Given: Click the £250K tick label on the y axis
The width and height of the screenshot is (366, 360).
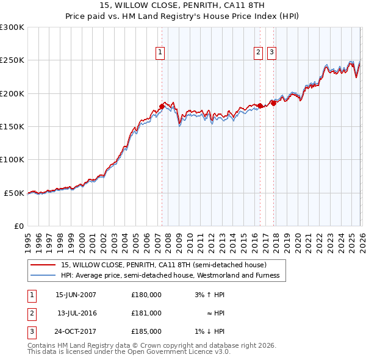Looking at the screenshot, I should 12,60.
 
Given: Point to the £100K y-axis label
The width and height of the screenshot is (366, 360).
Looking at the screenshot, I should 12,160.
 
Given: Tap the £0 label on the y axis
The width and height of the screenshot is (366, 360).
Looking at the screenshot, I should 18,226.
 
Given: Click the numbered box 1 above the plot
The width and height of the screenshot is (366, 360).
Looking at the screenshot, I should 160,53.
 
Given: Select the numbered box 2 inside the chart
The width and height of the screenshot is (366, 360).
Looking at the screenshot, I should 259,53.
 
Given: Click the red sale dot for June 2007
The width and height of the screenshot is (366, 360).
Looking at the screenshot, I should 162,106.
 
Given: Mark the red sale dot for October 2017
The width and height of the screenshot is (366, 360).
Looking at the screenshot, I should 273,103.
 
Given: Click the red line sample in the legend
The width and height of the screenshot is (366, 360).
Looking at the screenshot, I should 43,265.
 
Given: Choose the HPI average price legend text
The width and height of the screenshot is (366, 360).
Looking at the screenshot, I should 170,276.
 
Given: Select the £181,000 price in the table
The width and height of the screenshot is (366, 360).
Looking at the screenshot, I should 146,313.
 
